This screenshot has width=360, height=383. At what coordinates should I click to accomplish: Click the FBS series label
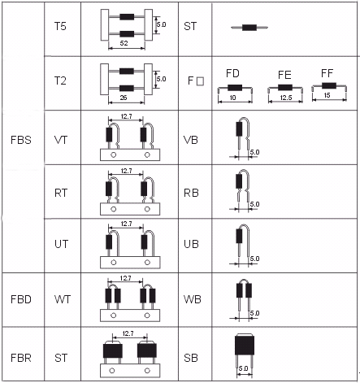(21, 140)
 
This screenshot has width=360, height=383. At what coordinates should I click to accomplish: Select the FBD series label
(21, 299)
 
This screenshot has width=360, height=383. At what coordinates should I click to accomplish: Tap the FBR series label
(21, 358)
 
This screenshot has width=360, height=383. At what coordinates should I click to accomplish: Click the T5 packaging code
(60, 26)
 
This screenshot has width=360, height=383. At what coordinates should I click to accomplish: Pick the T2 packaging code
(60, 81)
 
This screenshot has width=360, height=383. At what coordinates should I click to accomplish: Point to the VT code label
(61, 140)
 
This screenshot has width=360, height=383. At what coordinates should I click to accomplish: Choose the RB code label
(191, 193)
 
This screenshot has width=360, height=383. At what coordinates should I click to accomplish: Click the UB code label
(191, 244)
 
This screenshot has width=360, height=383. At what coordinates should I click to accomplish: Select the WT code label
(63, 299)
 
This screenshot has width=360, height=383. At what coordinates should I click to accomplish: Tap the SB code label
(191, 358)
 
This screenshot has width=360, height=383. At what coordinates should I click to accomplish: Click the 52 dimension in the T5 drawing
(124, 43)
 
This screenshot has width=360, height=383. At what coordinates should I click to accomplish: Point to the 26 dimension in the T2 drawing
(124, 98)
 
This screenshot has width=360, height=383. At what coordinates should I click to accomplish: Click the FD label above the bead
(232, 73)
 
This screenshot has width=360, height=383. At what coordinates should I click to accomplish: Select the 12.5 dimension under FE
(286, 98)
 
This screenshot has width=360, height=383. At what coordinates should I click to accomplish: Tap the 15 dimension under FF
(327, 95)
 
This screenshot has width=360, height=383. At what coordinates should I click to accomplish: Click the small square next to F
(200, 81)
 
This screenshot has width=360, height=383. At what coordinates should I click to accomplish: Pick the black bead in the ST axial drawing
(249, 28)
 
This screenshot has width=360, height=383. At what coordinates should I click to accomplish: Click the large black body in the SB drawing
(245, 344)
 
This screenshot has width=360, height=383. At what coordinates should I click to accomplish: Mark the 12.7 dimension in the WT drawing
(126, 278)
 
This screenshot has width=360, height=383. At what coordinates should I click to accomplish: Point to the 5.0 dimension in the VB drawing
(254, 152)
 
